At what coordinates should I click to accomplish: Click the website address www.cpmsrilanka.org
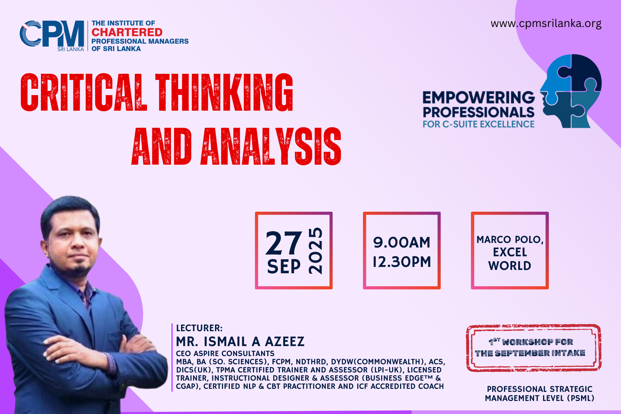point(546,24)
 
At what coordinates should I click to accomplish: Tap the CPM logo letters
point(52,34)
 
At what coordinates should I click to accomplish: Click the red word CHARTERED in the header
point(127,32)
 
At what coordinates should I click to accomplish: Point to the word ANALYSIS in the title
point(271,146)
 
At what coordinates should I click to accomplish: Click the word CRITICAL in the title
point(84,92)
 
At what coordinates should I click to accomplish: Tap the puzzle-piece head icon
point(571,91)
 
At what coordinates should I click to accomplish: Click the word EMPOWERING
point(479,98)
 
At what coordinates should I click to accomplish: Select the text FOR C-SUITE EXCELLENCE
point(479,124)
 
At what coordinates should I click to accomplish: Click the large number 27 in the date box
point(284,243)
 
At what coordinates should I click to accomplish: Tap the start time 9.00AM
point(402,243)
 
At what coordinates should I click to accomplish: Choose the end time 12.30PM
point(402,262)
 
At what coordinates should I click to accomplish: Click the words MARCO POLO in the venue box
point(509,240)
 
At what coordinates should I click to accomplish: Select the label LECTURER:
point(199,328)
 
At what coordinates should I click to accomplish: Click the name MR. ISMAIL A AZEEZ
point(240,342)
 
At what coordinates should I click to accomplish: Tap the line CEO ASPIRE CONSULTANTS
point(225,354)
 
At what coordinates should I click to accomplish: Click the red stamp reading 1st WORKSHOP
point(534,348)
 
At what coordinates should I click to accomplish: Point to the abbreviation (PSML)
point(581,398)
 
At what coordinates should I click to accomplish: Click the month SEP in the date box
point(284,267)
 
